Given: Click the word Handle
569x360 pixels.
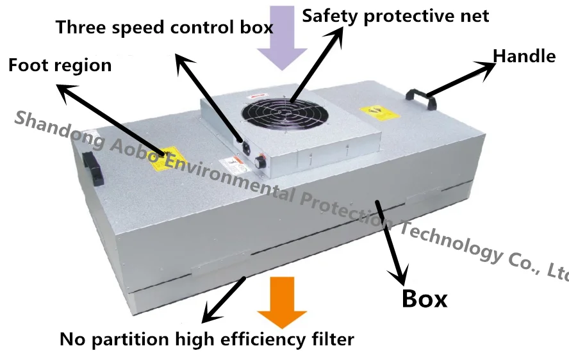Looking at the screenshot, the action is click(524, 56).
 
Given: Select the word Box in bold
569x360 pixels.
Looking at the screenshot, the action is click(424, 299).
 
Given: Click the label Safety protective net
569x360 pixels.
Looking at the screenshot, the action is click(395, 15).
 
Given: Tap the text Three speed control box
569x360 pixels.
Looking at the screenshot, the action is click(164, 28).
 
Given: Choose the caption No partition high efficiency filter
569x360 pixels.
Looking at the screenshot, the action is click(206, 338).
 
